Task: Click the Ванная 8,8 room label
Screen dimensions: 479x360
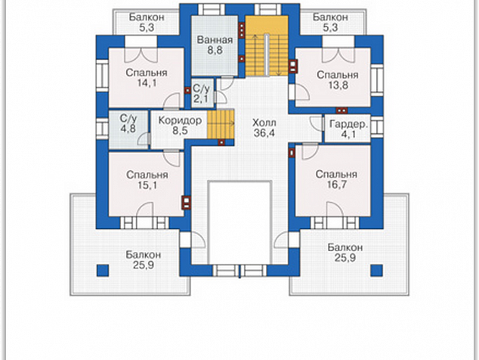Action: (215, 45)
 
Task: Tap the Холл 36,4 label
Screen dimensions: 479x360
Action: (264, 128)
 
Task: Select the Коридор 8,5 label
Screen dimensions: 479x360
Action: (180, 126)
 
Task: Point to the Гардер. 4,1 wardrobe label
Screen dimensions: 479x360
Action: (348, 129)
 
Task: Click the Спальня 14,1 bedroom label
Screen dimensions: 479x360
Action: (147, 78)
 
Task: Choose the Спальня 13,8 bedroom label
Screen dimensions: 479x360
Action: (337, 80)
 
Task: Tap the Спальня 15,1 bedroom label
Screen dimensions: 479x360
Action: (147, 180)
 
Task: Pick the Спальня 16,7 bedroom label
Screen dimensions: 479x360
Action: (336, 179)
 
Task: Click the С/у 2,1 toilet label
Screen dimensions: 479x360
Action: (201, 94)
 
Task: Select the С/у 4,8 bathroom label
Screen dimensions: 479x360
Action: (128, 123)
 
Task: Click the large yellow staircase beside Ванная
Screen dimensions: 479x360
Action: (267, 46)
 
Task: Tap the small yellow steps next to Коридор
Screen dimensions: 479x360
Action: (221, 124)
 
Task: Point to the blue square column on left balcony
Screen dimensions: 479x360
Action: (103, 271)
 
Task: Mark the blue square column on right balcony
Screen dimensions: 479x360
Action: (377, 271)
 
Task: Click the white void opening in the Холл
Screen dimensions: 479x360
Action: (239, 222)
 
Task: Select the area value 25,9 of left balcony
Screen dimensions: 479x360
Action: (144, 265)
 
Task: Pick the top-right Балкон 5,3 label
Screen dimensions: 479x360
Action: (330, 23)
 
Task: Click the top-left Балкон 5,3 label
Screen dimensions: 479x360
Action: (147, 23)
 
